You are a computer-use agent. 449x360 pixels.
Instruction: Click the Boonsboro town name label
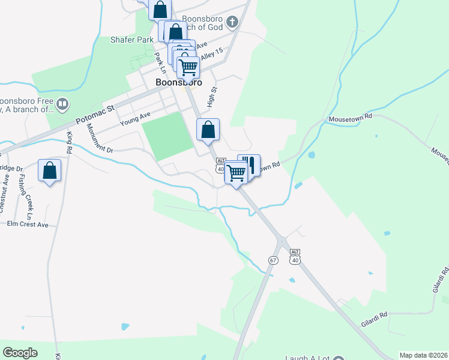click(x=178, y=82)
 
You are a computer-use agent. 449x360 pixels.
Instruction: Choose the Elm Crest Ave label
click(x=27, y=224)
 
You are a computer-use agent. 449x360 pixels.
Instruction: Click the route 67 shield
click(x=273, y=260)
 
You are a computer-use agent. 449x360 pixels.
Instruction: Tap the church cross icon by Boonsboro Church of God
click(x=233, y=23)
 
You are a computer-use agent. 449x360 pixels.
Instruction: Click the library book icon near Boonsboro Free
click(x=63, y=106)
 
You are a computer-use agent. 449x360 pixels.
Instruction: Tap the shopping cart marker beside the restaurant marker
click(x=237, y=173)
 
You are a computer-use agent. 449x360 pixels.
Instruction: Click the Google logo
click(x=20, y=353)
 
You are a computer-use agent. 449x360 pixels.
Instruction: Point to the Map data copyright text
click(x=424, y=355)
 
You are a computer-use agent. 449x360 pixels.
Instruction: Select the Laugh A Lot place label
click(x=312, y=356)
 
